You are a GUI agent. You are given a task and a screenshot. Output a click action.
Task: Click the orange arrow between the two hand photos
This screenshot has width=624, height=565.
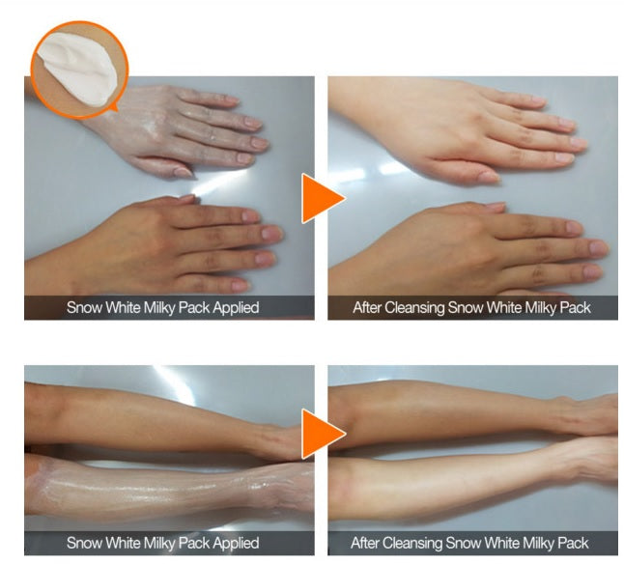(x=322, y=198)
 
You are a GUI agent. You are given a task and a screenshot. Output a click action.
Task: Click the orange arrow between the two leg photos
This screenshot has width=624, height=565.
(x=322, y=434)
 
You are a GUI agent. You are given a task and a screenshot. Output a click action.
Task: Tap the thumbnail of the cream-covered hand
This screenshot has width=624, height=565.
(x=184, y=172)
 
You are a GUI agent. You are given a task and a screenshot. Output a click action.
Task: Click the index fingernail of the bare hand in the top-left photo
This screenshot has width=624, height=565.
(x=251, y=215)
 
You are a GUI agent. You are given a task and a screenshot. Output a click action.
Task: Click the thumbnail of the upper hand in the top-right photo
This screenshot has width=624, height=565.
(x=489, y=177)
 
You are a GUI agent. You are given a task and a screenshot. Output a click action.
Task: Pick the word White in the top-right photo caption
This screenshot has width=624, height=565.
(x=504, y=307)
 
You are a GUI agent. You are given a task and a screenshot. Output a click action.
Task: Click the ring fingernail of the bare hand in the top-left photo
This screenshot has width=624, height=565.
(x=265, y=259)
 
